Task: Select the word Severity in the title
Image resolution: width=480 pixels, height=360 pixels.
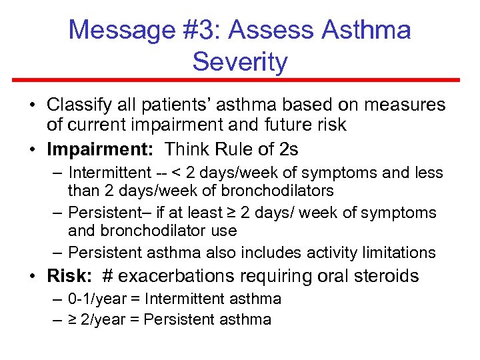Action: tap(240, 62)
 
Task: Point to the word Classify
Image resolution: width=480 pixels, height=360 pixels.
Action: tap(74, 105)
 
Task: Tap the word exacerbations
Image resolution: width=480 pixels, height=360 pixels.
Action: tap(175, 276)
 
